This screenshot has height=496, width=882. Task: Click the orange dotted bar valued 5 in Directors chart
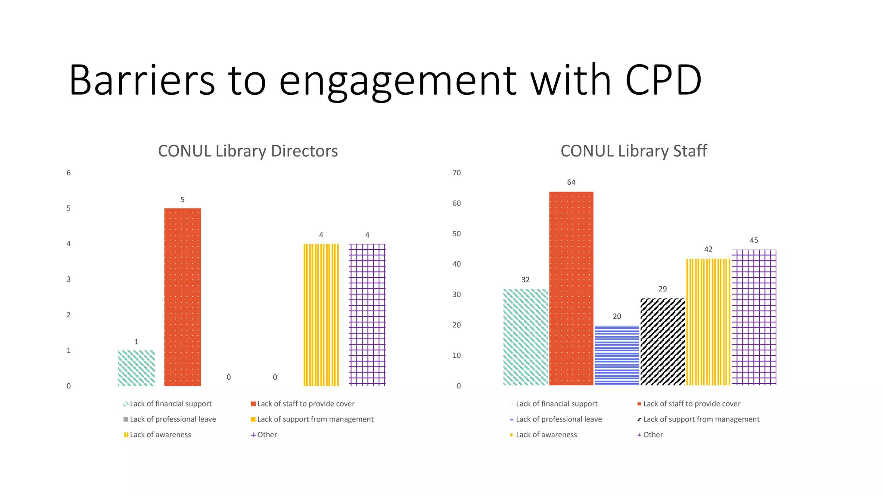[x=183, y=297]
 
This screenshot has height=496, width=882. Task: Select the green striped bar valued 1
[x=137, y=368]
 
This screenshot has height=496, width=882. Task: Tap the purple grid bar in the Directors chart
[x=367, y=314]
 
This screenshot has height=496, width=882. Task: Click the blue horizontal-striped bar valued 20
[x=617, y=355]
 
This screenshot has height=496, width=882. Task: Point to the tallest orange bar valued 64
[x=571, y=288]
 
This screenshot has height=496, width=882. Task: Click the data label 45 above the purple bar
[x=754, y=240]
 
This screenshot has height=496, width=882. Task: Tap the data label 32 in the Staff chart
[x=525, y=280]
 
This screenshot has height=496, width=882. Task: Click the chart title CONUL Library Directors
[x=248, y=151]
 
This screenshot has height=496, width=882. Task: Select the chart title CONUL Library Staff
[x=634, y=151]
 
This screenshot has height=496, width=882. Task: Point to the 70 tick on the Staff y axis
[x=457, y=173]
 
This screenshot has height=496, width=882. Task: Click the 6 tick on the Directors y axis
[x=68, y=173]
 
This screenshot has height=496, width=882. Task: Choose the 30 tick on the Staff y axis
[x=457, y=294]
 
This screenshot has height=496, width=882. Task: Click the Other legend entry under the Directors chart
[x=267, y=435]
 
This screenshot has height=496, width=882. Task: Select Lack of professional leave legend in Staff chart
[x=559, y=419]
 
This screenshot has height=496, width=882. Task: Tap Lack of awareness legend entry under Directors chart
[x=160, y=435]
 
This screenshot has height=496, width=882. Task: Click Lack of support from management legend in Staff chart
[x=701, y=419]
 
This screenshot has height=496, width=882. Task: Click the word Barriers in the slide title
[x=142, y=80]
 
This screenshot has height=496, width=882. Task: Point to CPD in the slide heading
[x=663, y=80]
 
